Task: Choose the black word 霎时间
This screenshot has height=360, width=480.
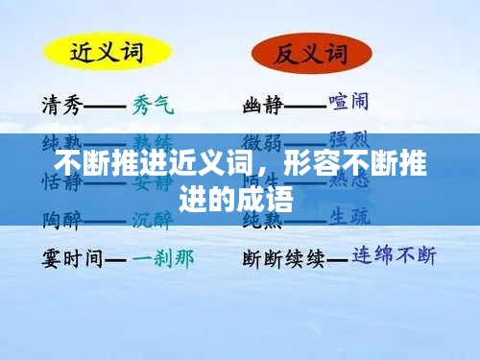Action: (x=71, y=257)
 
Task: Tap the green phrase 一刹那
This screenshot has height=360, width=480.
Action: (x=164, y=256)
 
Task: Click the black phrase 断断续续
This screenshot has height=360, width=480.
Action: (x=283, y=257)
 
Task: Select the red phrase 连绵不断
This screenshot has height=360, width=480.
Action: (x=394, y=256)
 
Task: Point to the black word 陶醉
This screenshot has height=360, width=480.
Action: (x=61, y=218)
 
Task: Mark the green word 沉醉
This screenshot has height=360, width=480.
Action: (x=153, y=218)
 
